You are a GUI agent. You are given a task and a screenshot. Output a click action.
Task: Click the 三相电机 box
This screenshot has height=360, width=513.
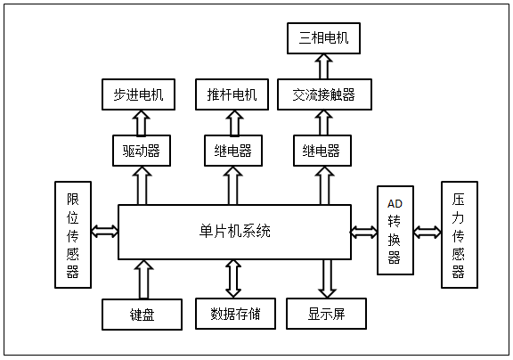point(323,38)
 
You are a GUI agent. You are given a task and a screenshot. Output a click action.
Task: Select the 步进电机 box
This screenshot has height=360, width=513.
point(138,94)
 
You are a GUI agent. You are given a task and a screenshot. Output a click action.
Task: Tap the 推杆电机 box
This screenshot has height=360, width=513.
point(232,94)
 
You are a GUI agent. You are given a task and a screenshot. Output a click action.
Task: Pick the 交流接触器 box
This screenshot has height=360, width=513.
point(324,94)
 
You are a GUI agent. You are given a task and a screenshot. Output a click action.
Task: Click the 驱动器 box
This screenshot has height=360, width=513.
point(142,151)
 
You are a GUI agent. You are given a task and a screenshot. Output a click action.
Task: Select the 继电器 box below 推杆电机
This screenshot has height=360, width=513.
point(233,151)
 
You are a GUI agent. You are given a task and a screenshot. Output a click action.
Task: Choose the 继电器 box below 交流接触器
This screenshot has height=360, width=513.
point(322,151)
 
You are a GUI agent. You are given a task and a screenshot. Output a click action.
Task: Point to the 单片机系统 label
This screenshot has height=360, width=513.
point(234,231)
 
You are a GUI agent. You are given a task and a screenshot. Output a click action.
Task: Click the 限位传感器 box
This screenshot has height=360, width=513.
point(73,234)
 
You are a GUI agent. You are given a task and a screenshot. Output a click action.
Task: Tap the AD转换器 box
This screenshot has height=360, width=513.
point(395,230)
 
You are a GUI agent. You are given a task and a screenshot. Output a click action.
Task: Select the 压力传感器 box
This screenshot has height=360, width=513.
point(460,234)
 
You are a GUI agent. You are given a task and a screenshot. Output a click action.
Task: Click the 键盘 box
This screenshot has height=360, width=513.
point(142,315)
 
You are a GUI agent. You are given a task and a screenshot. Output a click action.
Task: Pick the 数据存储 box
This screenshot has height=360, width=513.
point(235,314)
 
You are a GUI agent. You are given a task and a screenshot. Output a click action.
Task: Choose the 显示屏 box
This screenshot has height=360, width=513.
point(326,314)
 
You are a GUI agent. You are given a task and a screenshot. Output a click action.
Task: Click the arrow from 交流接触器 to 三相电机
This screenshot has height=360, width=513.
point(324,67)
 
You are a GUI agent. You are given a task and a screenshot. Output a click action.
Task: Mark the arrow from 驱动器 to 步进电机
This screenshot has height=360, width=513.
point(142,123)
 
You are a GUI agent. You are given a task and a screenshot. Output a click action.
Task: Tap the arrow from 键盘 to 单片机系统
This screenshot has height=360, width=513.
point(143,279)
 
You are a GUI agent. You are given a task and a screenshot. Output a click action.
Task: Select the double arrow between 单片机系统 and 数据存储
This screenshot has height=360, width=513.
point(233,279)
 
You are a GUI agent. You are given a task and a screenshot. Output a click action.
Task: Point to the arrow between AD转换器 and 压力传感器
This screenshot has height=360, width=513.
point(427,232)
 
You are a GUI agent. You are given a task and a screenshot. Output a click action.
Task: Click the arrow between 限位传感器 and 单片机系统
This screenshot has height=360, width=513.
point(105,231)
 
